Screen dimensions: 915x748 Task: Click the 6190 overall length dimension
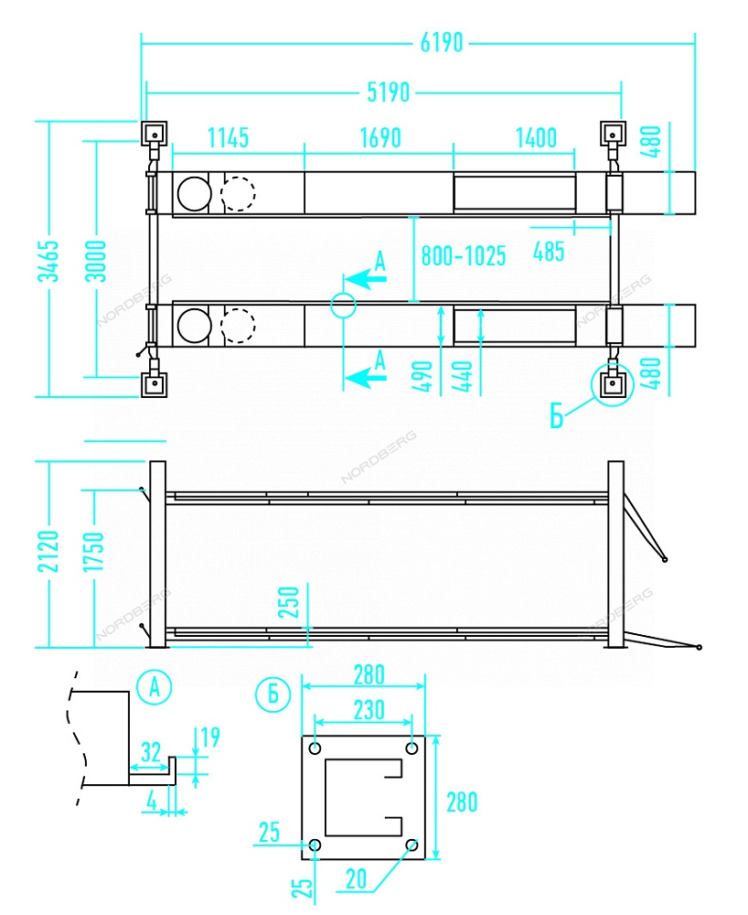[x=442, y=42]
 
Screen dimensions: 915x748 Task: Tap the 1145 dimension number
[x=228, y=139]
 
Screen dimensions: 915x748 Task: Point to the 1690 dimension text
[x=379, y=139]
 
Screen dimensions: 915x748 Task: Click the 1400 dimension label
[x=536, y=139]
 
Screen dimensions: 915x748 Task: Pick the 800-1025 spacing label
[x=463, y=256]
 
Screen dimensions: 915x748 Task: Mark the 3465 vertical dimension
[x=52, y=261]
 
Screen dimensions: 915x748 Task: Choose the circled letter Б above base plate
[x=273, y=694]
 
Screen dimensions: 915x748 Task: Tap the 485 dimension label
[x=549, y=252]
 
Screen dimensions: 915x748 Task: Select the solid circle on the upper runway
[x=193, y=193]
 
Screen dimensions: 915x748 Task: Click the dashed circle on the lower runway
[x=237, y=325]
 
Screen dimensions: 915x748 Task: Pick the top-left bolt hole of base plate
[x=315, y=748]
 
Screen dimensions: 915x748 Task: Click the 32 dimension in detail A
[x=151, y=752]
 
